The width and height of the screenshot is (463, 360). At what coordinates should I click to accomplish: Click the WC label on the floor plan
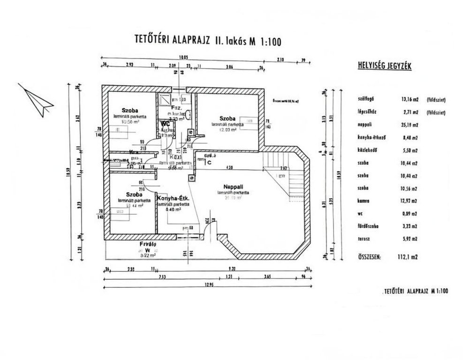[x=165, y=124]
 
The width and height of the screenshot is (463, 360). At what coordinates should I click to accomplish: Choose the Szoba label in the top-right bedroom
[x=221, y=118]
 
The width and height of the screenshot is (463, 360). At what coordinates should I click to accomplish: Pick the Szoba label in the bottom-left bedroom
[x=134, y=194]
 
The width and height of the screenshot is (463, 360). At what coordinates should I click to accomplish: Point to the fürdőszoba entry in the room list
[x=367, y=226]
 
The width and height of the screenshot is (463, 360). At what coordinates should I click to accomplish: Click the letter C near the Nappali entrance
[x=210, y=162]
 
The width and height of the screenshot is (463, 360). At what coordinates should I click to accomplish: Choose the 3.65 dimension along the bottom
[x=267, y=277]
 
